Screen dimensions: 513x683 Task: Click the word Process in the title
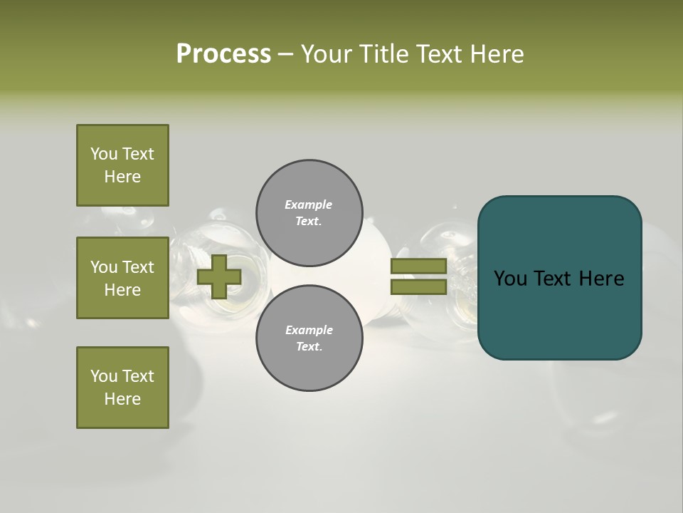pos(223,54)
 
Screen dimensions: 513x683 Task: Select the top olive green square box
pos(122,165)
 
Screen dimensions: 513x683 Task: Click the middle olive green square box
pos(122,278)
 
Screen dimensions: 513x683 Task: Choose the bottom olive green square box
pos(122,388)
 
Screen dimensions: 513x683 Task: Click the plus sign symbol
pos(219,276)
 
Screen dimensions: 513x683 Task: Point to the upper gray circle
pos(309,212)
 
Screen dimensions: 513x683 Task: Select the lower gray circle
pos(309,338)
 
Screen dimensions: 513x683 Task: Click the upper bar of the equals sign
pos(418,266)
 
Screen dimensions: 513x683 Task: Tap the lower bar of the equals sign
pos(418,286)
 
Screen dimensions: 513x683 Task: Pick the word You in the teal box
pos(511,279)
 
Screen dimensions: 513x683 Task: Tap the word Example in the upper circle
pos(309,204)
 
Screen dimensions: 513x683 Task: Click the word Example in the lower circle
pos(309,330)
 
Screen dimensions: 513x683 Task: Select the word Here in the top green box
pos(122,177)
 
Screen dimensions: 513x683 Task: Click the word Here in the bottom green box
pos(122,399)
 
